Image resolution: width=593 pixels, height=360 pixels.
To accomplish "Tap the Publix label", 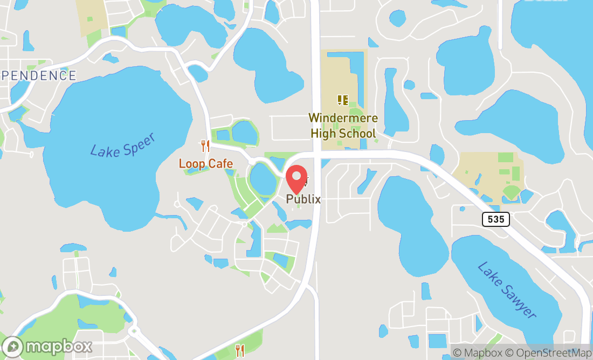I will coord(304,199).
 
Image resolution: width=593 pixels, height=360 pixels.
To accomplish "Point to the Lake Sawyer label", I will coord(507,290).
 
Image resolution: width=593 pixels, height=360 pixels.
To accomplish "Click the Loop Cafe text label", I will coord(206,164).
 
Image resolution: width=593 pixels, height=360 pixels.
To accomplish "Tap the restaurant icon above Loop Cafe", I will coord(205,146).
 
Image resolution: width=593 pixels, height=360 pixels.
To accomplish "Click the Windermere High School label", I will coord(343,126).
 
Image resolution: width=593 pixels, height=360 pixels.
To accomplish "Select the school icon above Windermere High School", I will coord(342,100).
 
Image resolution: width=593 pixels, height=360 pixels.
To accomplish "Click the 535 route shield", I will coord(496,219).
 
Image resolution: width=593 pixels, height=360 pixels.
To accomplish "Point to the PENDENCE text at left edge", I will coord(38,76).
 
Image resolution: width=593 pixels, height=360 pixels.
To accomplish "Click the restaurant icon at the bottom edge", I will coord(240,351).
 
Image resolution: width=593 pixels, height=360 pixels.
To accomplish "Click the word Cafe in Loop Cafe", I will coord(222,164).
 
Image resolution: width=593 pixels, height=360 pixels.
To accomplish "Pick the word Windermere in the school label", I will coord(343,118).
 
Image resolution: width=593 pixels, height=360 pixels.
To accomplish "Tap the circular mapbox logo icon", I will coord(12,347).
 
